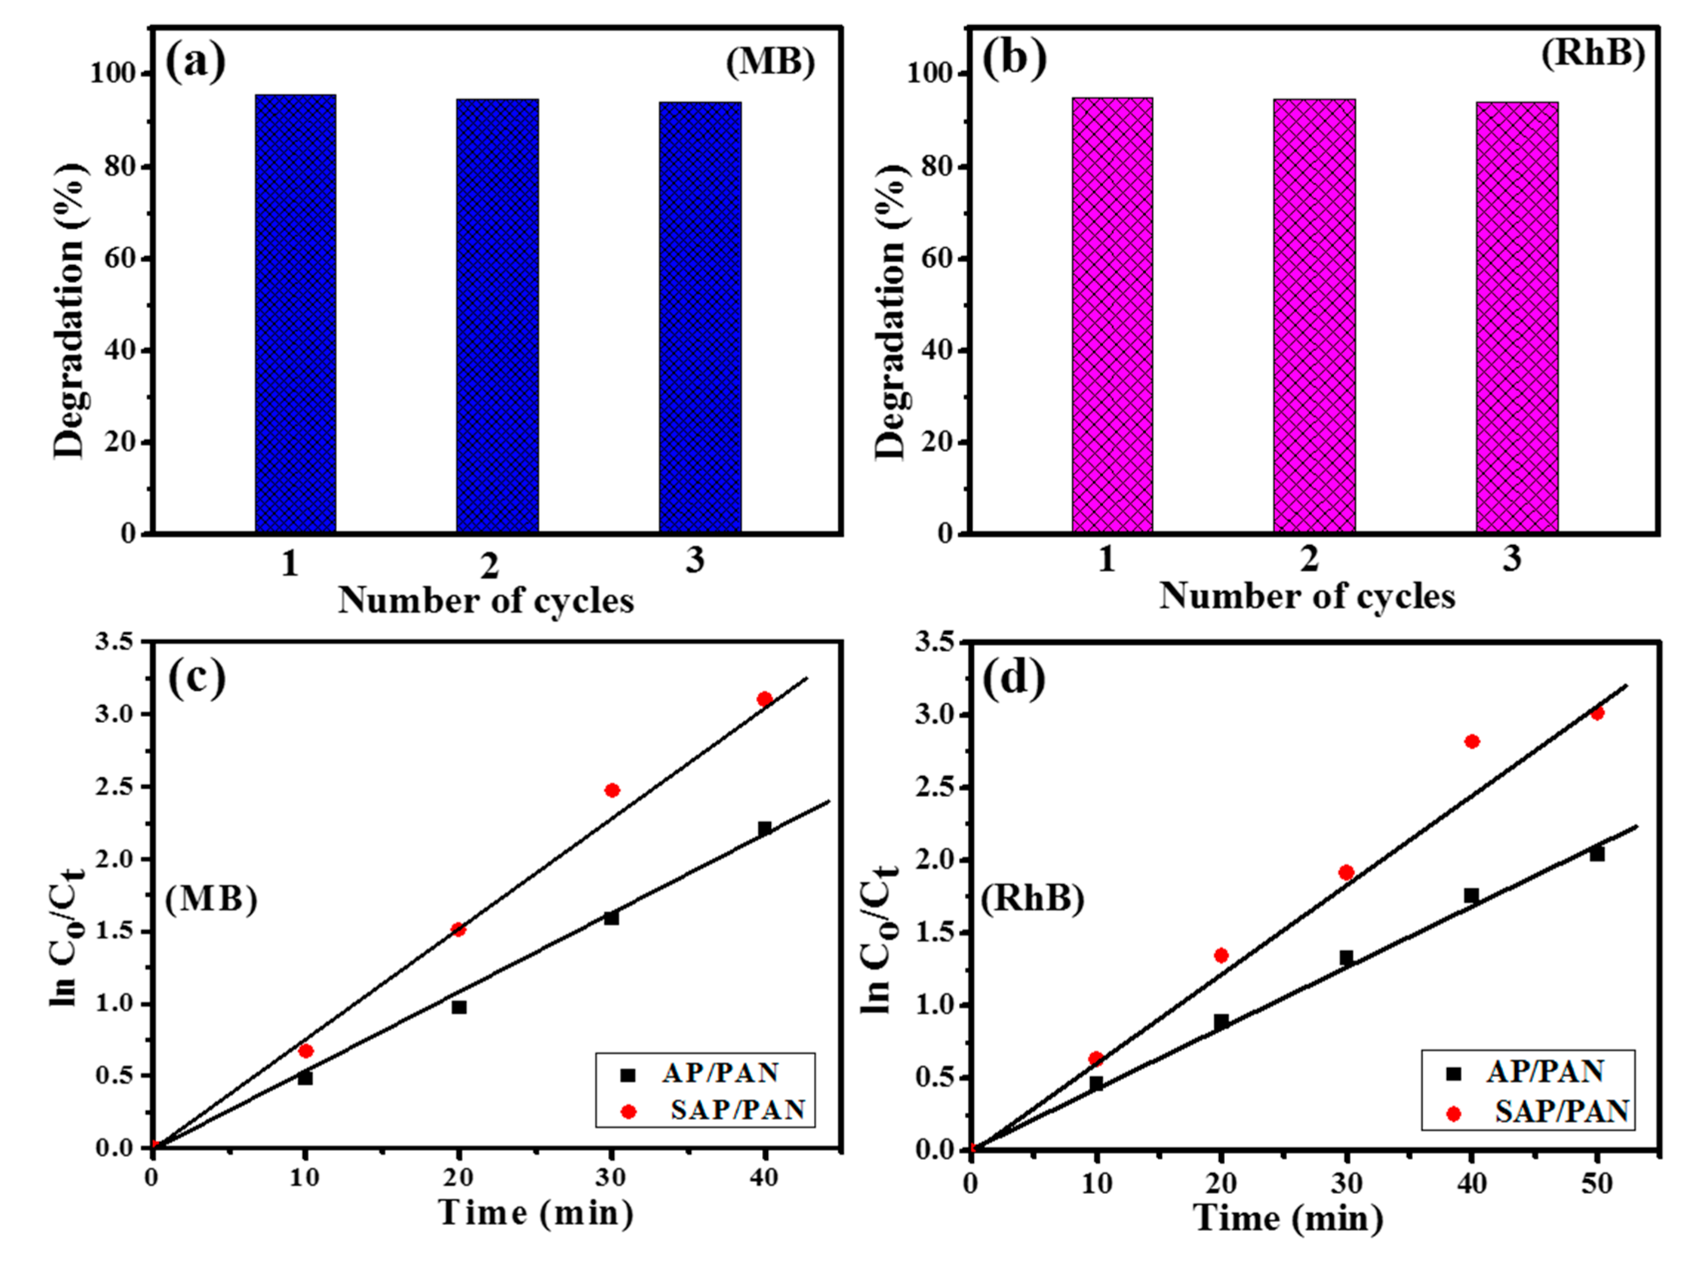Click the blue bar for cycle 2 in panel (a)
pos(497,316)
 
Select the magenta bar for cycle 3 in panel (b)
pos(1517,317)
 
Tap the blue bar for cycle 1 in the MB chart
pos(295,314)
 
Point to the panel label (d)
pos(1013,677)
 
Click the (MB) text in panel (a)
pos(770,61)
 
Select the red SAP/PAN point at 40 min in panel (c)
pos(764,699)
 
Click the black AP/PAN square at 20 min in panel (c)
pos(459,1007)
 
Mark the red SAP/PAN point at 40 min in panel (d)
pos(1472,741)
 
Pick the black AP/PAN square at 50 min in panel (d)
pos(1597,854)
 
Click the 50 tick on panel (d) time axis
pos(1597,1184)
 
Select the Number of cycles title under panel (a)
pos(486,600)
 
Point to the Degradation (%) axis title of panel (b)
pos(891,312)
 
